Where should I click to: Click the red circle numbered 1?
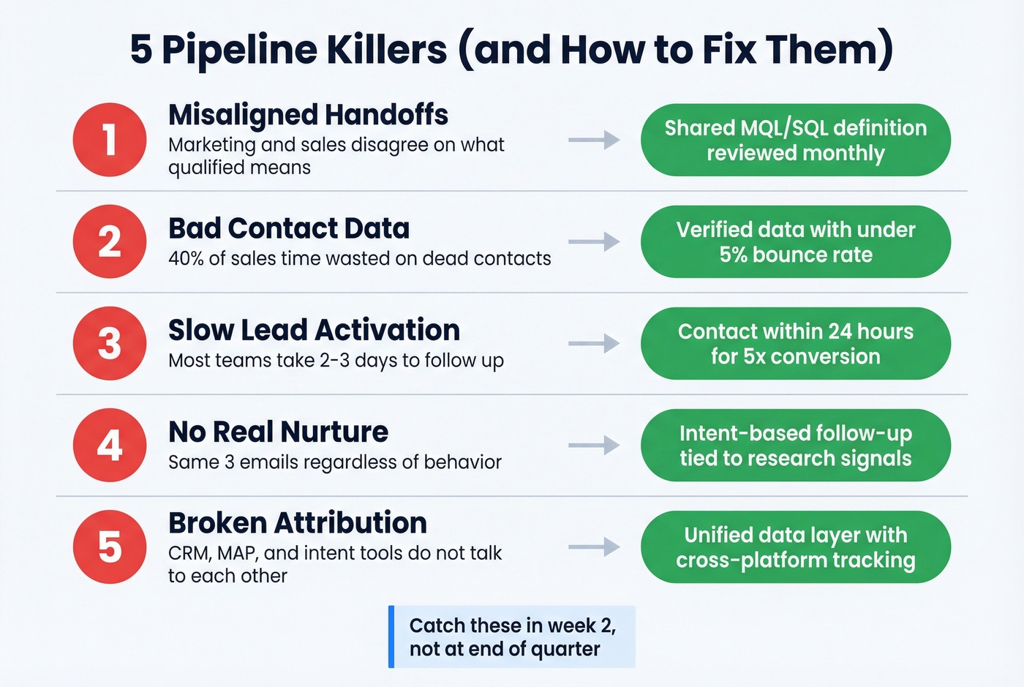110,140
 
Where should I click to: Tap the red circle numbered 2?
110,241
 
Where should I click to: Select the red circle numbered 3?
110,343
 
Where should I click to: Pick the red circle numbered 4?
110,445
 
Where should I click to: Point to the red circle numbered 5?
110,547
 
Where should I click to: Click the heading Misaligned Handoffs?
308,115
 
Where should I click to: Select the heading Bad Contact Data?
288,228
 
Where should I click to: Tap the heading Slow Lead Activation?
314,330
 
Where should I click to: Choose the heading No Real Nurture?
278,432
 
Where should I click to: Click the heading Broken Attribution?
297,523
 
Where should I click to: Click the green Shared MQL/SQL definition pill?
795,140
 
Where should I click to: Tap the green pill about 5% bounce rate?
795,241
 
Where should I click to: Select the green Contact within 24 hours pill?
795,343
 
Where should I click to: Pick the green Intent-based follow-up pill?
795,445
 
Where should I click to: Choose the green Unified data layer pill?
795,547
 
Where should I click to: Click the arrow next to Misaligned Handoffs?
594,140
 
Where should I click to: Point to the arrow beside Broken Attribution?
594,547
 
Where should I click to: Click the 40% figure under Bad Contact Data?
186,258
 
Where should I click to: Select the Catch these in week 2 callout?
511,637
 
